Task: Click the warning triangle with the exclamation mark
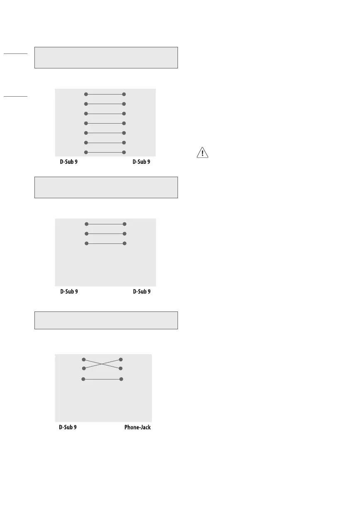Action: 202,153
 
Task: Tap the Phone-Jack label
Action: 137,427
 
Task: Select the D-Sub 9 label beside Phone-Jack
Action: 66,427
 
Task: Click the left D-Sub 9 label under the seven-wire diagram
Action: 67,162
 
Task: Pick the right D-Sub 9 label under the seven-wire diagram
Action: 141,162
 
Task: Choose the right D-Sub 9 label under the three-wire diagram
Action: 141,292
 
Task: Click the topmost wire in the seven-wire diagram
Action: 105,94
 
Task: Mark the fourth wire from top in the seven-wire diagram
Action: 105,123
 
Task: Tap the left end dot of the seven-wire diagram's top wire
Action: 86,94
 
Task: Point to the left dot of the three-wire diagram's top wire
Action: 86,224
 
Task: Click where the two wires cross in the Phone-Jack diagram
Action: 102,364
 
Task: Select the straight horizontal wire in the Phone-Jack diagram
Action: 102,379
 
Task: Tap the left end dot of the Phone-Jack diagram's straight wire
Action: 83,379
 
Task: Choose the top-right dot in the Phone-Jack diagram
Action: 121,359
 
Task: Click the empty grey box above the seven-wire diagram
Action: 106,57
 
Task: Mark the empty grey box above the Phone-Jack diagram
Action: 106,320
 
